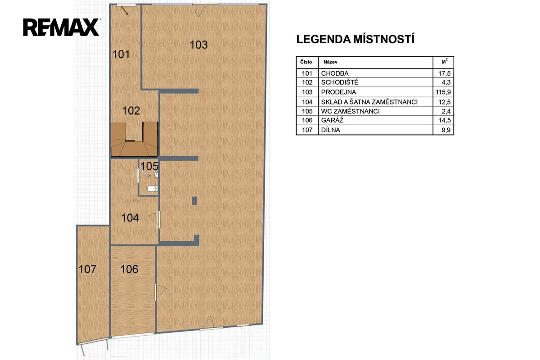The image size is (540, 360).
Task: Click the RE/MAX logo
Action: pyautogui.click(x=61, y=27)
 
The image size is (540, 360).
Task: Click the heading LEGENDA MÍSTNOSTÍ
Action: pyautogui.click(x=355, y=39)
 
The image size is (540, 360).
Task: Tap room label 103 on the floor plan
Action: pyautogui.click(x=198, y=45)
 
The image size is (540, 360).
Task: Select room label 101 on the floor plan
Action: pyautogui.click(x=121, y=54)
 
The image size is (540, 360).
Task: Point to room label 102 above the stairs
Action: pyautogui.click(x=131, y=111)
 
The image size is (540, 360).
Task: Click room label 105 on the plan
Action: pyautogui.click(x=149, y=166)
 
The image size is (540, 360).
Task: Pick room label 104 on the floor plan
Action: pyautogui.click(x=130, y=218)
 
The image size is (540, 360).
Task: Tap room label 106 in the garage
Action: pyautogui.click(x=129, y=269)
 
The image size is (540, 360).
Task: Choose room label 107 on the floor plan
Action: pyautogui.click(x=87, y=269)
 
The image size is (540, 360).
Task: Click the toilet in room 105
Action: pyautogui.click(x=153, y=189)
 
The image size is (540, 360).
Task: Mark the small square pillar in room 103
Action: pyautogui.click(x=194, y=201)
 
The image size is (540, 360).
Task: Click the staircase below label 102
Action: pyautogui.click(x=134, y=139)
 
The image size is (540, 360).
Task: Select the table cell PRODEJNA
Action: pyautogui.click(x=338, y=92)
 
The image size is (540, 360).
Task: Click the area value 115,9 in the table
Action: pyautogui.click(x=443, y=92)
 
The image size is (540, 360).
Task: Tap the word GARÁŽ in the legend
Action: pyautogui.click(x=332, y=120)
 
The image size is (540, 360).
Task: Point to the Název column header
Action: pyautogui.click(x=330, y=62)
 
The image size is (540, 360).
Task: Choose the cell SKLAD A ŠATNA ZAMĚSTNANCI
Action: pyautogui.click(x=369, y=102)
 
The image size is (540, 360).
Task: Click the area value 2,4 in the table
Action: pyautogui.click(x=446, y=111)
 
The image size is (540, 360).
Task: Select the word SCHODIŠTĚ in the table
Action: pyautogui.click(x=340, y=82)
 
